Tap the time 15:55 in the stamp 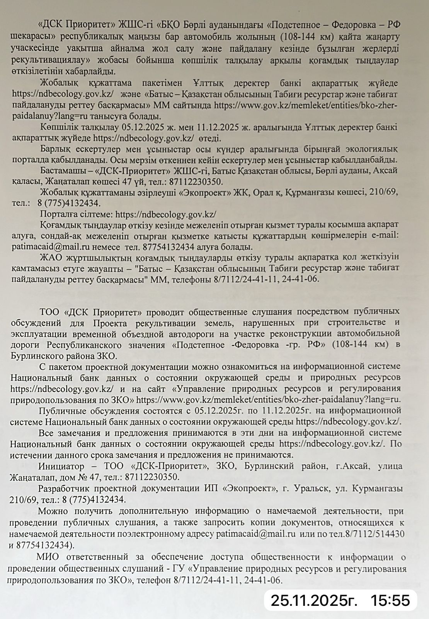tap(390, 600)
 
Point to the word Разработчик tap(65, 489)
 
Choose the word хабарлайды tap(93, 72)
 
